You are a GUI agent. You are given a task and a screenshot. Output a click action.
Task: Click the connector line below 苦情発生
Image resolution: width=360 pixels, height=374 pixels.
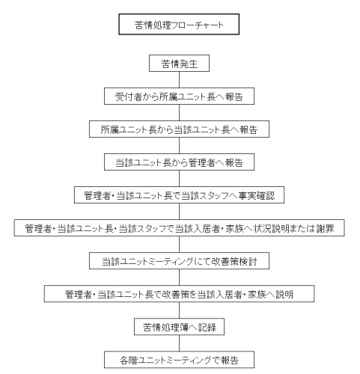(x=179, y=79)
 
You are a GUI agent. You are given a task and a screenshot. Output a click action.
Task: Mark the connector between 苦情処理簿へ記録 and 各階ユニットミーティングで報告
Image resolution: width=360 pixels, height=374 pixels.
(x=179, y=343)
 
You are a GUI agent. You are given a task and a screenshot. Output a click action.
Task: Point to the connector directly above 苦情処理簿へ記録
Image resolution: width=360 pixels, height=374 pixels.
(x=179, y=310)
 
